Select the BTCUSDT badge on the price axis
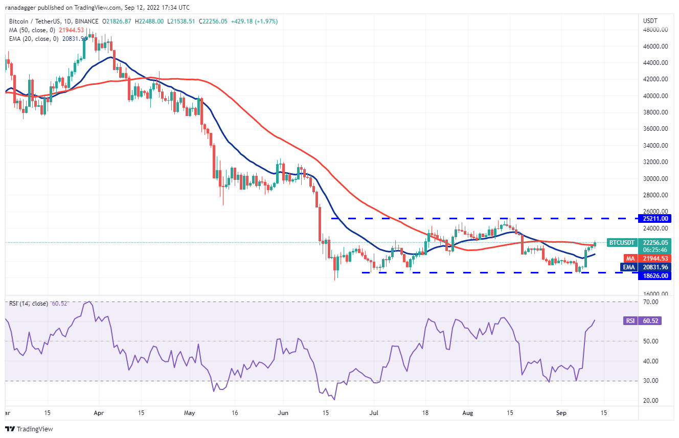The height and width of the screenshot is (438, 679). coord(621,242)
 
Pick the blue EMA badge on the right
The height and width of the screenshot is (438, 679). coord(627,267)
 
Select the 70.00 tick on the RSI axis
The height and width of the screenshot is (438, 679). coord(650,302)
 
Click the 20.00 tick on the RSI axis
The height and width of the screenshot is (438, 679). coord(650,401)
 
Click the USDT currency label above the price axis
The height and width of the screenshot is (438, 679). coord(649,20)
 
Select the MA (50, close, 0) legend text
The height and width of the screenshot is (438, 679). coord(31,30)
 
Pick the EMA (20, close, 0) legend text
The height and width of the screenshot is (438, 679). coord(33,38)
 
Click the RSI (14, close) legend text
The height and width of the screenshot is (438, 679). coord(28,304)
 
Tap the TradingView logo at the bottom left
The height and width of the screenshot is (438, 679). coord(29,429)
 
